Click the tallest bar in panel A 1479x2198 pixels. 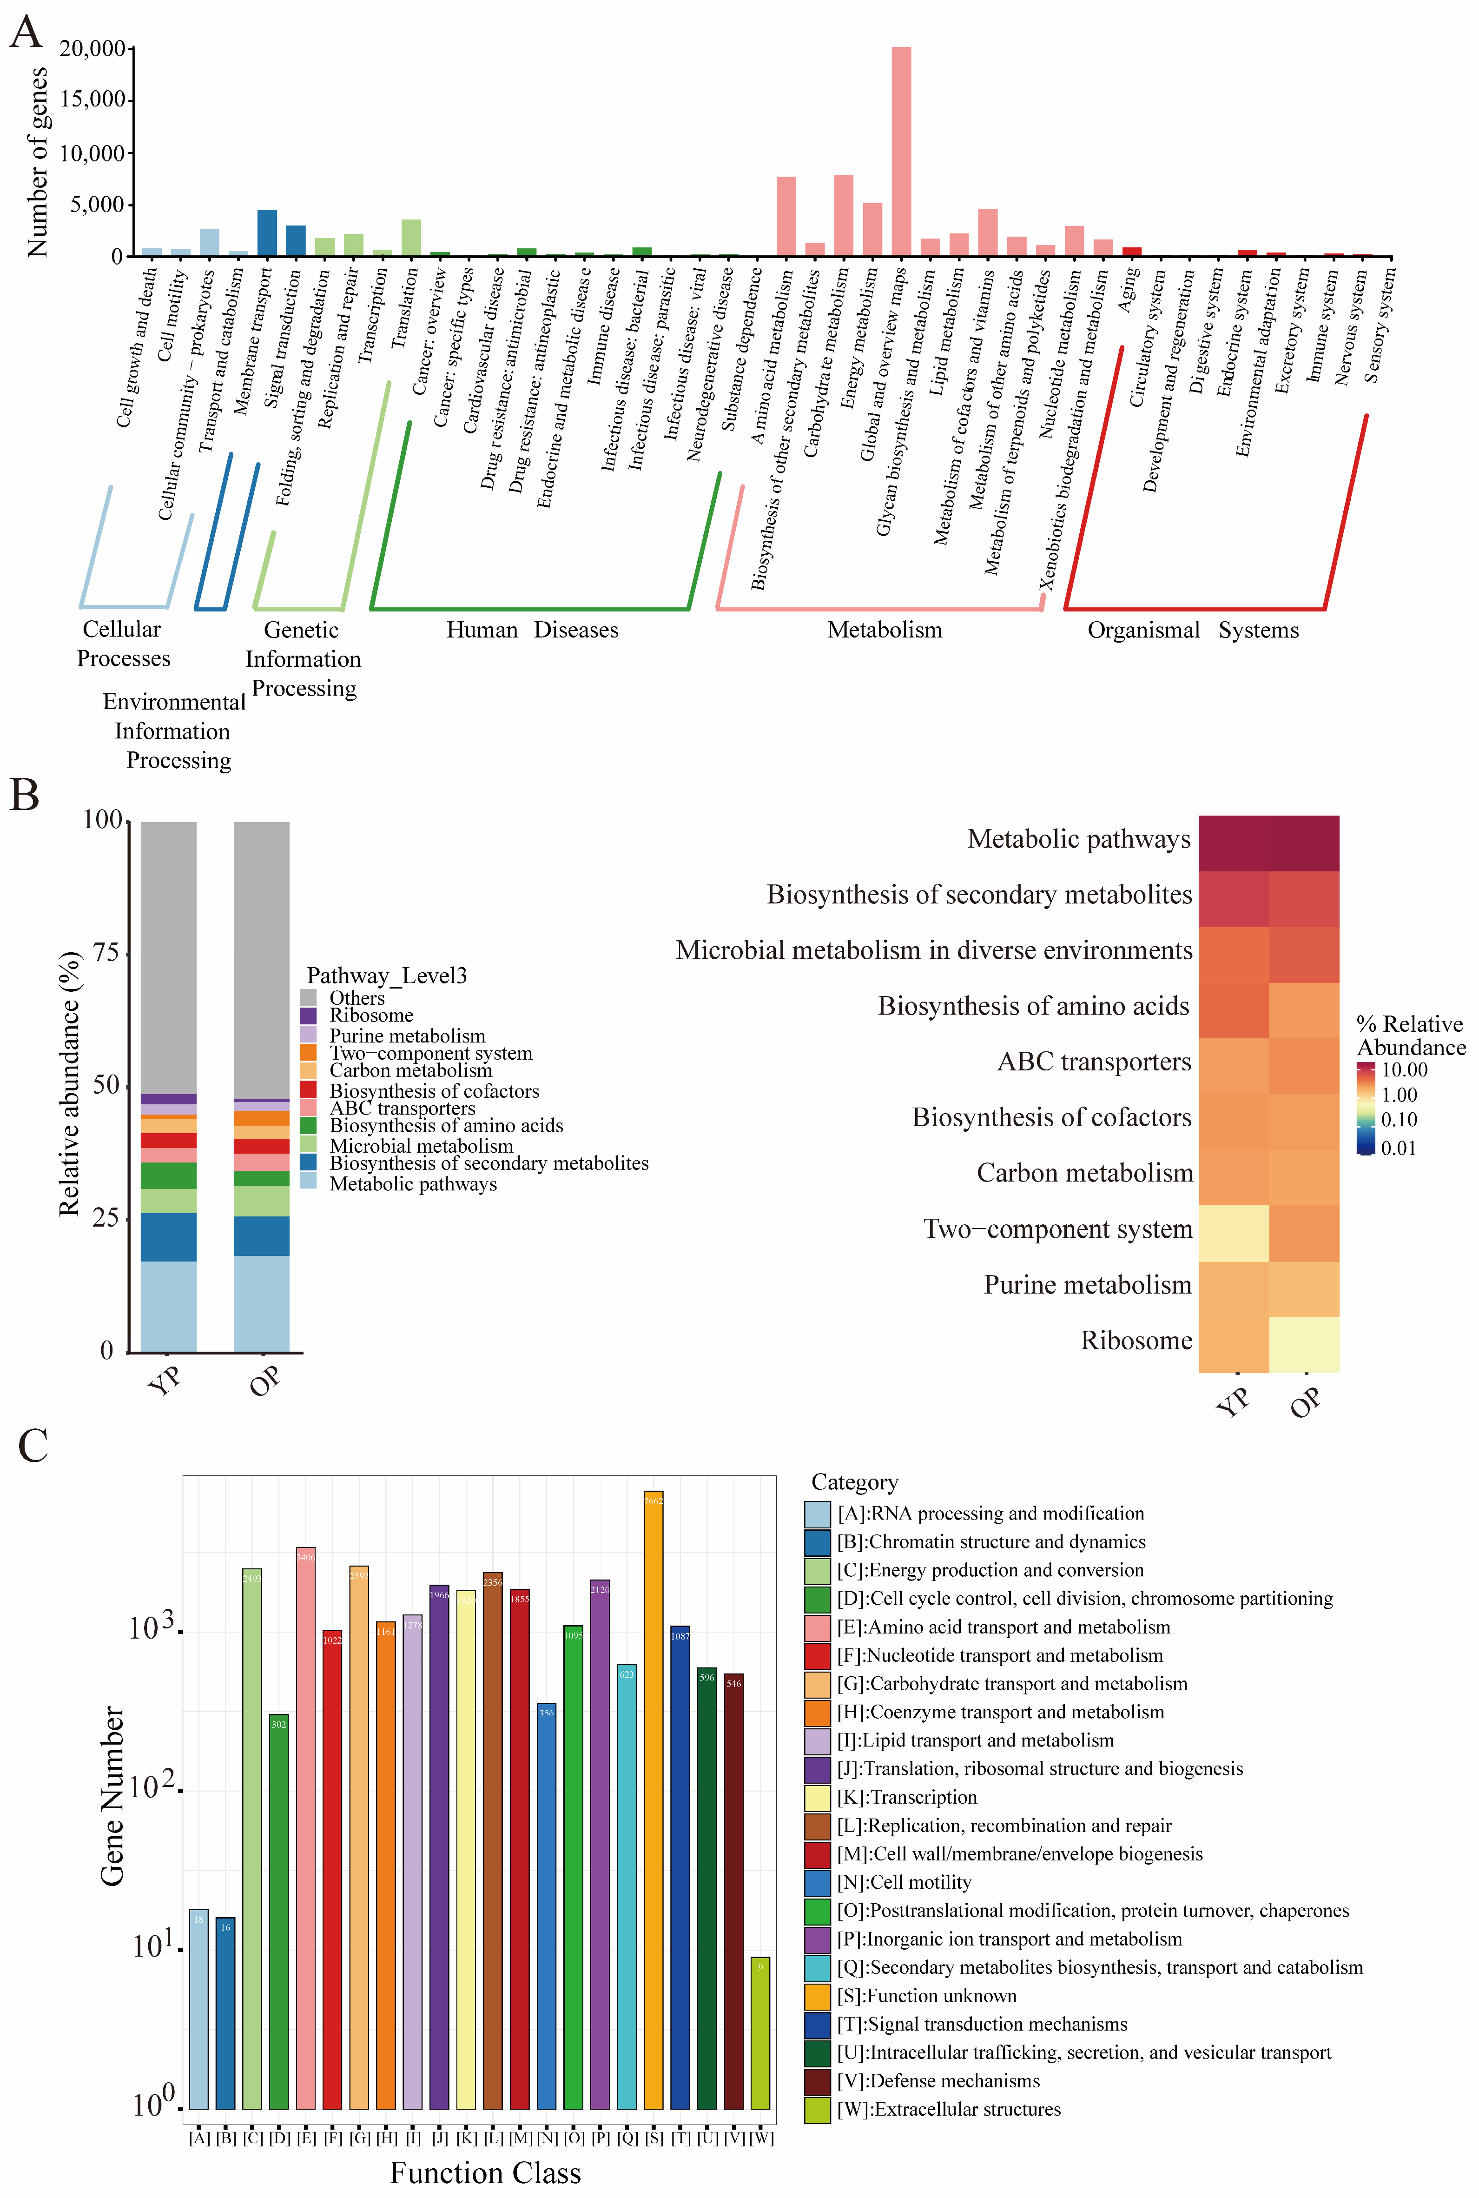(901, 151)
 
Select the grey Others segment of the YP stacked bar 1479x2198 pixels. (169, 953)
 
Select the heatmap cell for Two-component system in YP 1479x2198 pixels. (1234, 1233)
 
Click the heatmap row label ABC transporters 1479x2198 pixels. (1094, 1062)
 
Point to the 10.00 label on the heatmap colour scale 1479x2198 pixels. (1405, 1070)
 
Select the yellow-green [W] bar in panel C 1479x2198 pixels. (760, 2033)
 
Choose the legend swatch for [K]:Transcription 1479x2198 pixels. (817, 1797)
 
